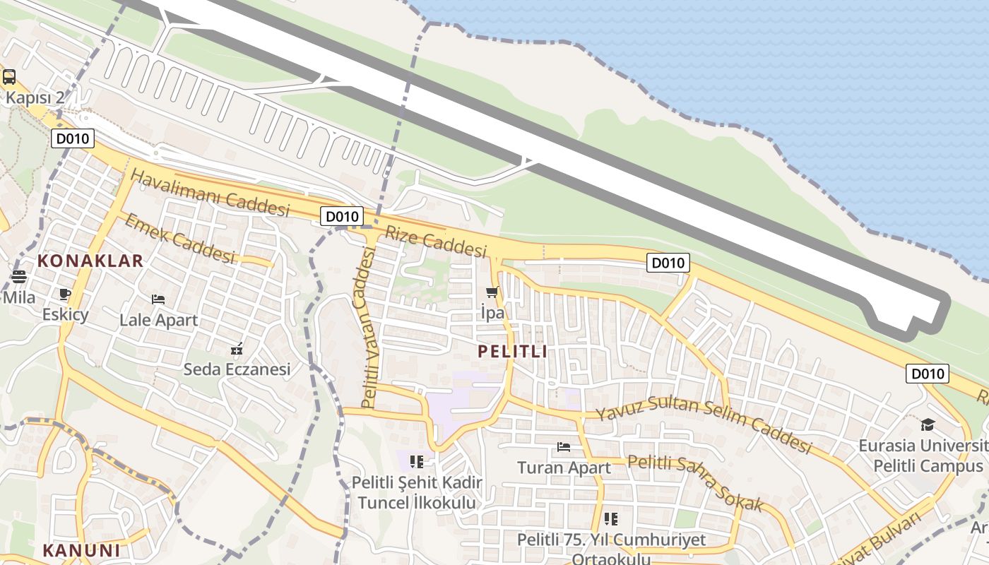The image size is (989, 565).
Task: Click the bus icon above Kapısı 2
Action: pyautogui.click(x=9, y=77)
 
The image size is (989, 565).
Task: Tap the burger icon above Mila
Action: pyautogui.click(x=18, y=277)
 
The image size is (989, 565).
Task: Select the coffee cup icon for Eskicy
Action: pyautogui.click(x=65, y=294)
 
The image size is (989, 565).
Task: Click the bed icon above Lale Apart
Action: pyautogui.click(x=158, y=299)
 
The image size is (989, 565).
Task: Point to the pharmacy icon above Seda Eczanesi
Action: pyautogui.click(x=237, y=348)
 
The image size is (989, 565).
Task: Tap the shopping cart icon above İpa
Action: pyautogui.click(x=492, y=292)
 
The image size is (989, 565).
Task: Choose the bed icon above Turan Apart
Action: pyautogui.click(x=564, y=446)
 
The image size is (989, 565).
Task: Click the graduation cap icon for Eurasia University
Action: pyautogui.click(x=928, y=424)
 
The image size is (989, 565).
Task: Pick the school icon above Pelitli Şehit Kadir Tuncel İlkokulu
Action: pyautogui.click(x=417, y=462)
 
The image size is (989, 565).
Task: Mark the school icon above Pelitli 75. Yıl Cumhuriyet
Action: pyautogui.click(x=611, y=519)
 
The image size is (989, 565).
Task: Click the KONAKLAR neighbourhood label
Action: pyautogui.click(x=90, y=261)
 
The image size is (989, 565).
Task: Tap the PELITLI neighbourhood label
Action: pyautogui.click(x=512, y=351)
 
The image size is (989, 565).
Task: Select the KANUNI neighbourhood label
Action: pyautogui.click(x=81, y=550)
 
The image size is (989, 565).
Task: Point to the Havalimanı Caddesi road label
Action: pyautogui.click(x=211, y=193)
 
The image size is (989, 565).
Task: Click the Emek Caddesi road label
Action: pyautogui.click(x=179, y=239)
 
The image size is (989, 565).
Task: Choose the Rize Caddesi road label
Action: pyautogui.click(x=436, y=241)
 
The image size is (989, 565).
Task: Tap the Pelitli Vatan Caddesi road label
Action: pyautogui.click(x=367, y=328)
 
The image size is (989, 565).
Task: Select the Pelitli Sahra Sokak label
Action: pyautogui.click(x=696, y=483)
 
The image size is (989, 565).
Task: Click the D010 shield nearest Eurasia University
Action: pyautogui.click(x=927, y=374)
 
